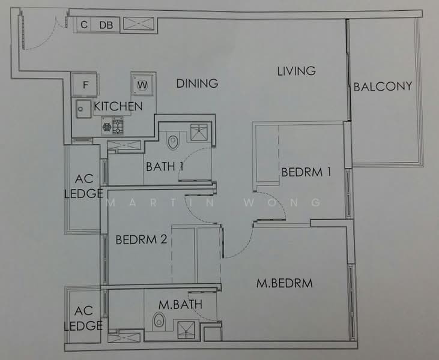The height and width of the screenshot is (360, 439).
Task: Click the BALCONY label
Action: click(383, 86)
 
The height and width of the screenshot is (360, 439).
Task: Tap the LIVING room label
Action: click(296, 71)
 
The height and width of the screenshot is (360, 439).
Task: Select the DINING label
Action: click(197, 83)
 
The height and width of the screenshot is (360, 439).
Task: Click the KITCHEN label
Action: click(119, 106)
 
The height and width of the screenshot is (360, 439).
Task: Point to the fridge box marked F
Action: click(85, 85)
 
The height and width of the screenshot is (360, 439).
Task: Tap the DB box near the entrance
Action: click(106, 25)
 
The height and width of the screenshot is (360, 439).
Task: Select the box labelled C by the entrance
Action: click(84, 25)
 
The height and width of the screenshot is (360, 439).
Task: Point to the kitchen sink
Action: click(80, 110)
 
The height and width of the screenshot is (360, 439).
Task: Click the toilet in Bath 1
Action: click(174, 140)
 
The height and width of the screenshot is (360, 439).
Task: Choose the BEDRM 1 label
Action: click(306, 172)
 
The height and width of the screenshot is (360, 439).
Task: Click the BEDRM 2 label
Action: click(141, 239)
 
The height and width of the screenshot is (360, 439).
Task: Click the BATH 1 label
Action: click(164, 166)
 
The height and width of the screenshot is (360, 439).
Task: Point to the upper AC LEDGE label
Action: click(83, 186)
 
